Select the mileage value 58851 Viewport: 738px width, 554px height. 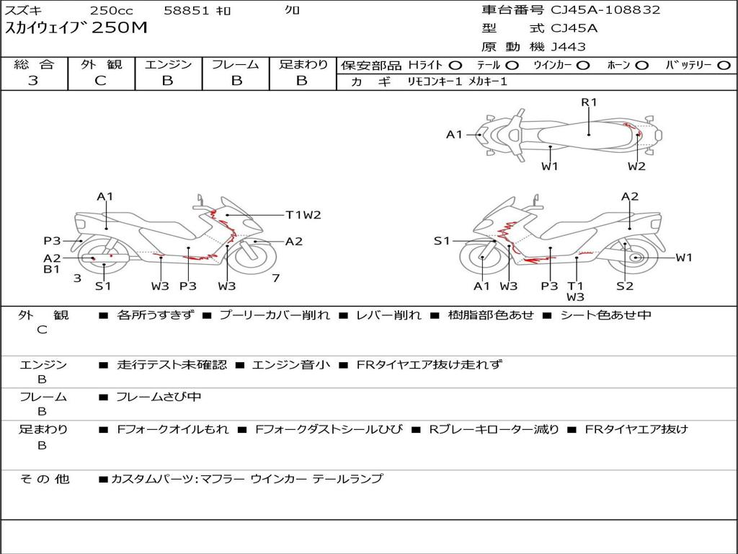click(x=186, y=11)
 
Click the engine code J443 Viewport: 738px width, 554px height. click(x=569, y=47)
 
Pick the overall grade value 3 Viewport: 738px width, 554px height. click(x=33, y=81)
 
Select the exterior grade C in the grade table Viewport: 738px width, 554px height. click(x=100, y=81)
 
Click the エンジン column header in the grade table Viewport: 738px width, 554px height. click(x=168, y=65)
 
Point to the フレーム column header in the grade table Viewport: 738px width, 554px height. click(x=236, y=65)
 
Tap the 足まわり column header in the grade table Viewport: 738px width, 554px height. click(x=303, y=65)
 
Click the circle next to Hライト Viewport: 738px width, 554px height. click(x=455, y=65)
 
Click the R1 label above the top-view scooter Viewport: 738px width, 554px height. click(x=590, y=102)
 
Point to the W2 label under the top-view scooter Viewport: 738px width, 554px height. click(x=636, y=167)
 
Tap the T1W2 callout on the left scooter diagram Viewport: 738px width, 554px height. click(x=303, y=214)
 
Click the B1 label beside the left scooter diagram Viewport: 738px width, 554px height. click(x=51, y=270)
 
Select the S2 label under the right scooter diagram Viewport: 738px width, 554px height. click(x=624, y=286)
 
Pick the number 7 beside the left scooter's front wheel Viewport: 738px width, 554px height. click(x=275, y=278)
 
